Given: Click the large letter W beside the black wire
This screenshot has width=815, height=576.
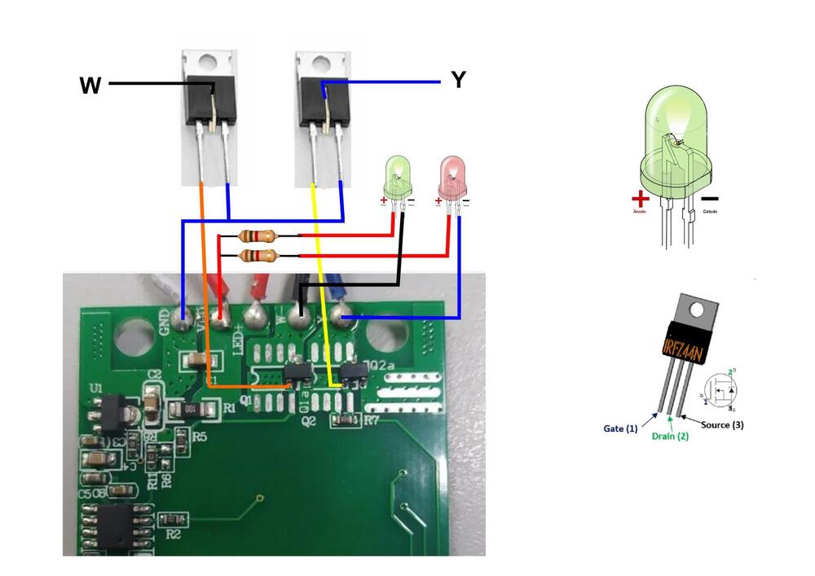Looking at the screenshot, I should [90, 85].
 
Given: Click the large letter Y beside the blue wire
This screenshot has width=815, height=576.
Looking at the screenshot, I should [458, 80].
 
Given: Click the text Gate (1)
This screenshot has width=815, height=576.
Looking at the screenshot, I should [620, 429].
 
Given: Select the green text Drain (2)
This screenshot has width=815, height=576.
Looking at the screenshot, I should [671, 436].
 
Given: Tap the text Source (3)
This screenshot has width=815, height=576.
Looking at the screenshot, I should [722, 424].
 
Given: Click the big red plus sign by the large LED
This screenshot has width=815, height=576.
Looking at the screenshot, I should [641, 198].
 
